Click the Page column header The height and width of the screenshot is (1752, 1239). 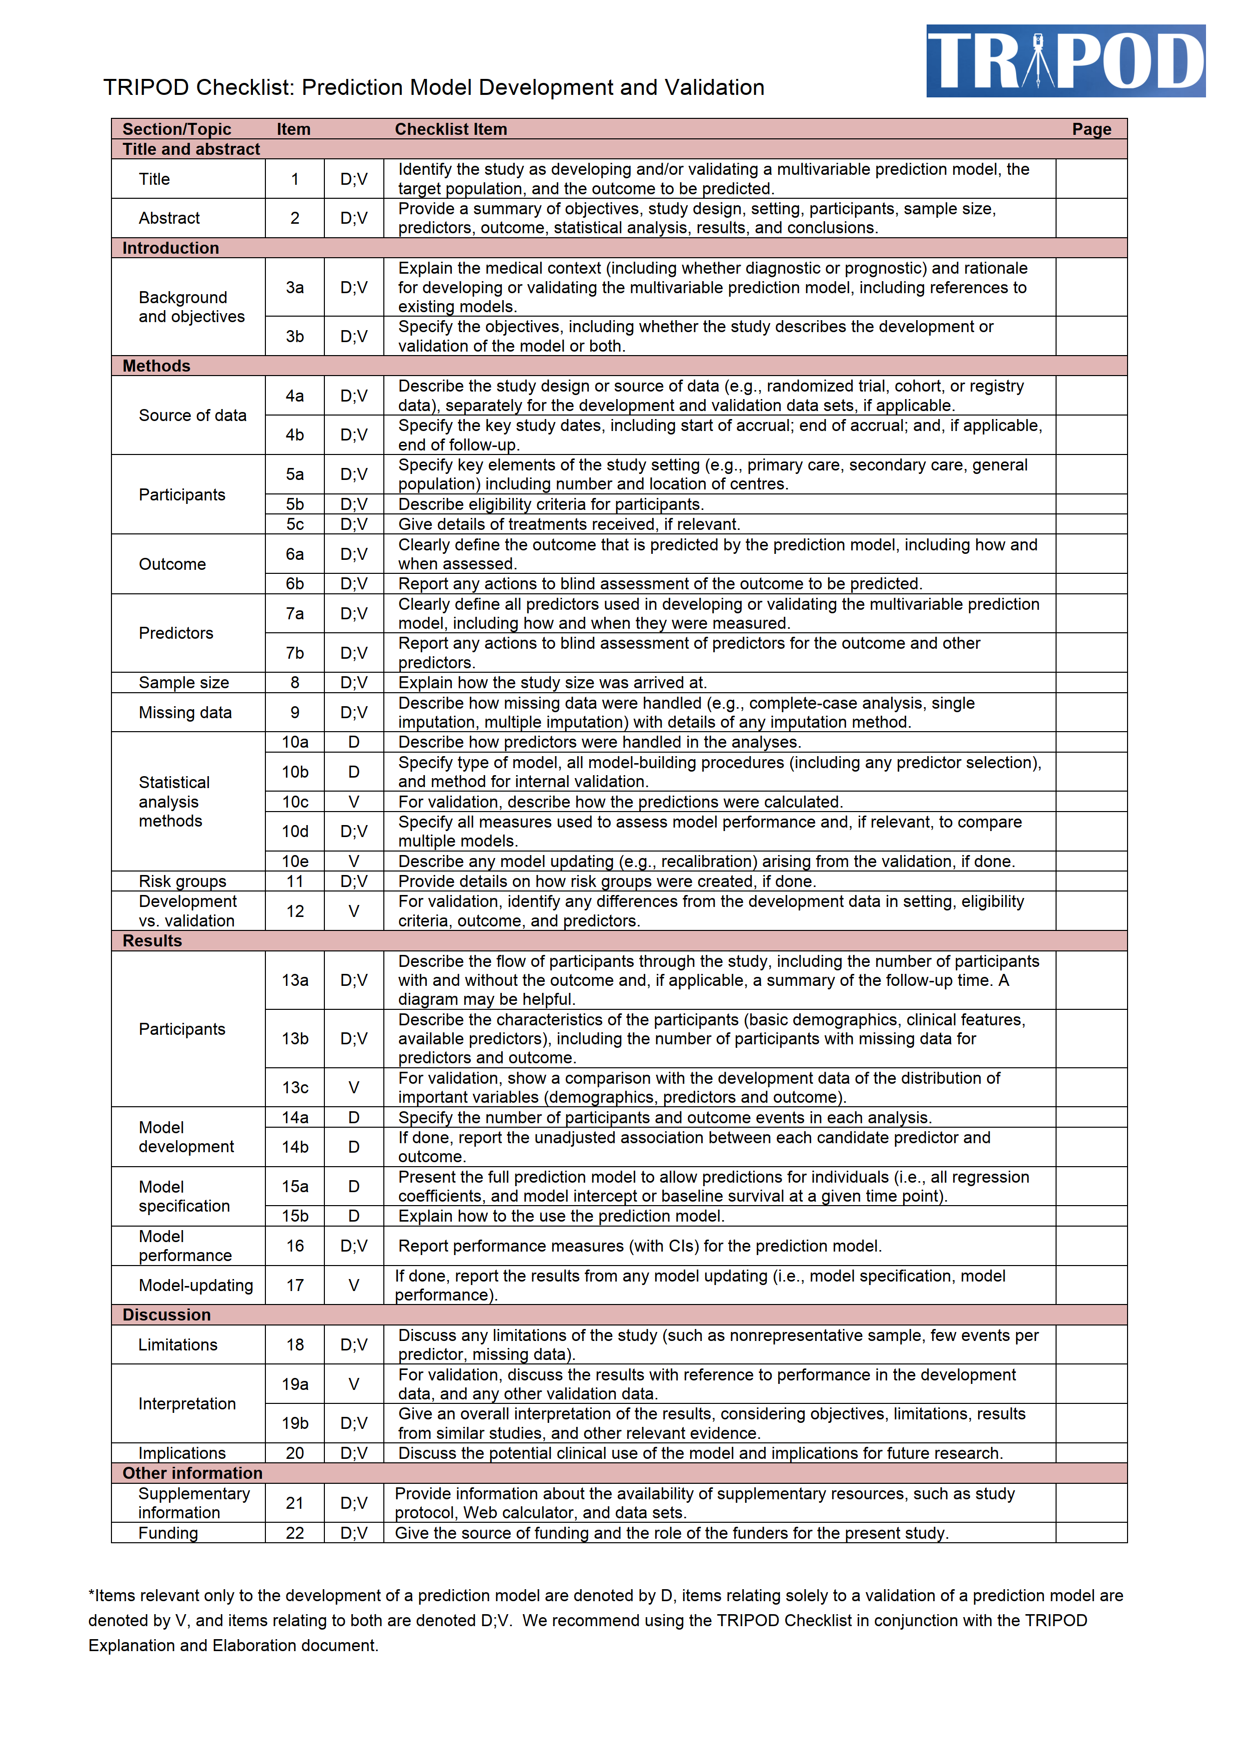pos(1091,129)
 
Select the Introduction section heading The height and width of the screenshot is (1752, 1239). pos(170,248)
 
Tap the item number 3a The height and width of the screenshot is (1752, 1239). pos(295,288)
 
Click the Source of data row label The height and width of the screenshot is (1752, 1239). pos(192,415)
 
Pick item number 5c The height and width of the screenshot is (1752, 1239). pos(295,524)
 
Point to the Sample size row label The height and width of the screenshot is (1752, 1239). pos(183,682)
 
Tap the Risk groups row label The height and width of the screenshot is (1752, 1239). pos(182,881)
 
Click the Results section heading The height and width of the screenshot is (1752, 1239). pos(152,941)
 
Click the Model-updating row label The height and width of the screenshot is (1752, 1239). pos(195,1285)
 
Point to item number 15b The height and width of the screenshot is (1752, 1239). pos(295,1216)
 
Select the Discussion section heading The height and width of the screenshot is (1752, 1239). pos(166,1315)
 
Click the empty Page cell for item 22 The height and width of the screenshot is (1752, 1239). pos(1091,1533)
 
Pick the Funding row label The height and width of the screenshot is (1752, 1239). pos(168,1533)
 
